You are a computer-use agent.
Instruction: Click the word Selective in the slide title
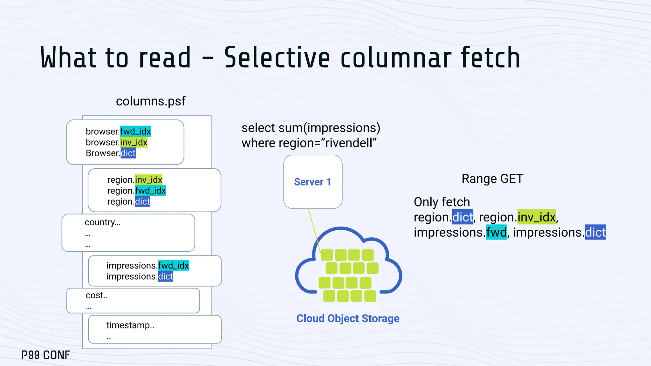(277, 58)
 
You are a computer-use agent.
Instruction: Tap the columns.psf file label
(151, 101)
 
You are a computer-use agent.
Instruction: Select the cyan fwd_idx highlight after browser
(135, 131)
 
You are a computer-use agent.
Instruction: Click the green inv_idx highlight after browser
(134, 142)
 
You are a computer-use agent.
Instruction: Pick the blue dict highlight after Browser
(128, 153)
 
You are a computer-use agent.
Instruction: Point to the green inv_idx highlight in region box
(149, 180)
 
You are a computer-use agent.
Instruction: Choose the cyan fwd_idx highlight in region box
(150, 191)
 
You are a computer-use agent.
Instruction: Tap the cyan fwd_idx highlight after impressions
(174, 265)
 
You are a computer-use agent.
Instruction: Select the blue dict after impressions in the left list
(166, 276)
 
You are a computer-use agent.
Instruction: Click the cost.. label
(97, 295)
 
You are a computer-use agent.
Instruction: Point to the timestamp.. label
(130, 325)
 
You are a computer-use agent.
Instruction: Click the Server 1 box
(313, 182)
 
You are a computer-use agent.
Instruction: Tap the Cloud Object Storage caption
(348, 318)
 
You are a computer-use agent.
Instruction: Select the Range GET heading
(492, 179)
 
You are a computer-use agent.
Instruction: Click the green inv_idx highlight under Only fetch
(537, 217)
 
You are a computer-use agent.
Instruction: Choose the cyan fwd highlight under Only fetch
(496, 233)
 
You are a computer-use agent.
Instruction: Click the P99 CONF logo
(46, 355)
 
